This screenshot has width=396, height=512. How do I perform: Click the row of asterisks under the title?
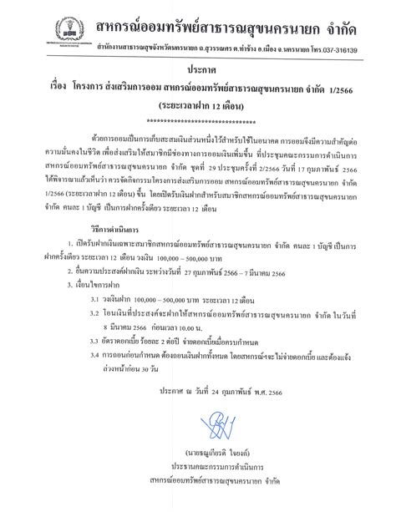198,123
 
